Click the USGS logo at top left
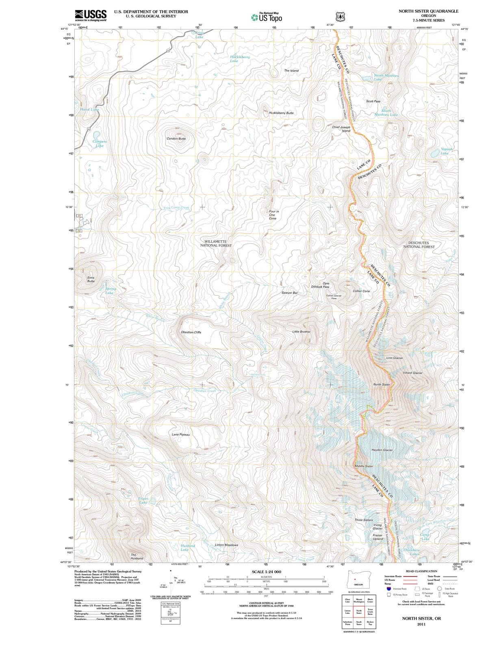tap(91, 15)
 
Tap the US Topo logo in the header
tap(267, 17)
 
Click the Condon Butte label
tap(176, 139)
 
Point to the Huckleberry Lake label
tap(239, 59)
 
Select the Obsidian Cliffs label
tap(191, 332)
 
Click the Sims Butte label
tap(91, 279)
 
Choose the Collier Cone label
tap(361, 291)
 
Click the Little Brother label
tap(301, 331)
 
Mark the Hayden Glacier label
tap(382, 450)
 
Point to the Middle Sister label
tap(364, 466)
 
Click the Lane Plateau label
tap(181, 435)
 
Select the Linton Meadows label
tap(226, 545)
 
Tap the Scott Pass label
tap(373, 101)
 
